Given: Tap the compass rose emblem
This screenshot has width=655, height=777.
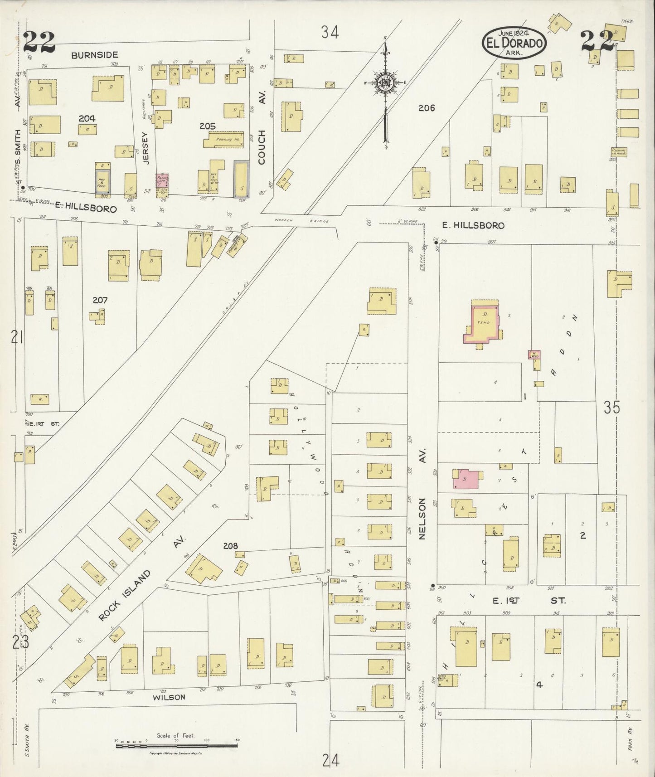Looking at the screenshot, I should (385, 83).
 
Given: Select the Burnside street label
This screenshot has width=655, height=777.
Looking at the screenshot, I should (94, 55).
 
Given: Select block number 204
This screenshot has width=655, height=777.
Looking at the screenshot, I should (87, 118).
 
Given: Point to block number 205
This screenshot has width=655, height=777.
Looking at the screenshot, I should (208, 126).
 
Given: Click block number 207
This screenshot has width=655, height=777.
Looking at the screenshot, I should (100, 300).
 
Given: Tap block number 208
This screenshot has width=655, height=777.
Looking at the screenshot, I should (230, 546).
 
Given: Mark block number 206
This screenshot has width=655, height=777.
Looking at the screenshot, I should (427, 108).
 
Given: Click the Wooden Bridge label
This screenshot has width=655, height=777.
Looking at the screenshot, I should (301, 221).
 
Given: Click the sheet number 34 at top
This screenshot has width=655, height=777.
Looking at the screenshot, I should (330, 32).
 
